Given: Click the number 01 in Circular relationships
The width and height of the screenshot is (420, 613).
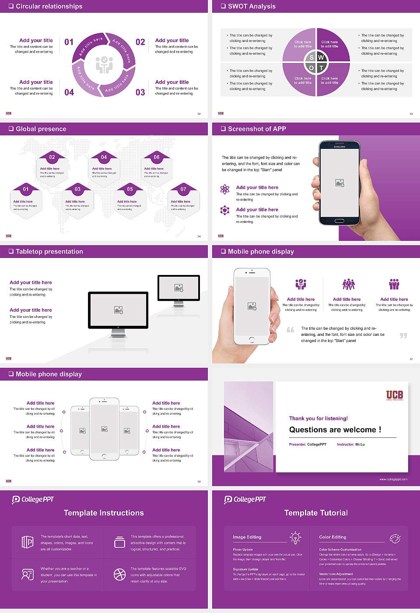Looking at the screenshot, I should (69, 42).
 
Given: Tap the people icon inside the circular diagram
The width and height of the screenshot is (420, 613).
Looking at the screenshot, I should (104, 64).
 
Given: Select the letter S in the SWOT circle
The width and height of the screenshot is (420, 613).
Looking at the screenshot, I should (311, 57).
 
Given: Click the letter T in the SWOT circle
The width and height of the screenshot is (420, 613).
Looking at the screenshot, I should (321, 68).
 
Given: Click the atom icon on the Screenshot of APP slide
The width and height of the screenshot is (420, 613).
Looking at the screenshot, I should (225, 189).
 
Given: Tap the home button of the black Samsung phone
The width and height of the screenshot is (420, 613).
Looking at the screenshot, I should (339, 222).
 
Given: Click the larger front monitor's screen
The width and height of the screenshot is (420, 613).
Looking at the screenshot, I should (118, 310).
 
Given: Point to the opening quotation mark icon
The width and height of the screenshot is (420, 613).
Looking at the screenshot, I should (290, 330).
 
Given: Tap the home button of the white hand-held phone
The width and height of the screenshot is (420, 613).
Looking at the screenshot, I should (252, 340).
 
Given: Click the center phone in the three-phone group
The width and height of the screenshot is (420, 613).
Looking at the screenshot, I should (104, 429).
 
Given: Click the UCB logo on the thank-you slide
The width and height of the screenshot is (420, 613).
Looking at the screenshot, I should (394, 395).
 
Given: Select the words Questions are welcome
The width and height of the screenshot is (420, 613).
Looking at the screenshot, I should (335, 430).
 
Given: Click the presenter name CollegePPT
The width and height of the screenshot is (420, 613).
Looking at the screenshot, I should (317, 444).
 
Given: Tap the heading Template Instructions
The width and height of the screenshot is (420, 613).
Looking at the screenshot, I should (104, 513).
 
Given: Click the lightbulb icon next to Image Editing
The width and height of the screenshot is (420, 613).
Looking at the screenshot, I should (295, 538).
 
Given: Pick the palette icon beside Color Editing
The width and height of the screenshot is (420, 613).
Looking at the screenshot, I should (395, 538).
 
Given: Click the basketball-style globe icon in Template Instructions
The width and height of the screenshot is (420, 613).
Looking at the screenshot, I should (119, 574).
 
